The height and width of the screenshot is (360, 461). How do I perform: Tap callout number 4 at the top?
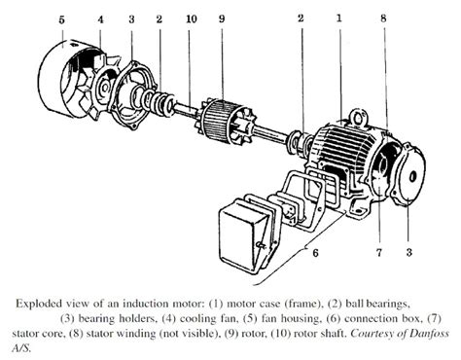tap(101, 19)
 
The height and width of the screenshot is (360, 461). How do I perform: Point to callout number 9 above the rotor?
tap(222, 19)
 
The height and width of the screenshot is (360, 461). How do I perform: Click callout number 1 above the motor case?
tap(337, 17)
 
